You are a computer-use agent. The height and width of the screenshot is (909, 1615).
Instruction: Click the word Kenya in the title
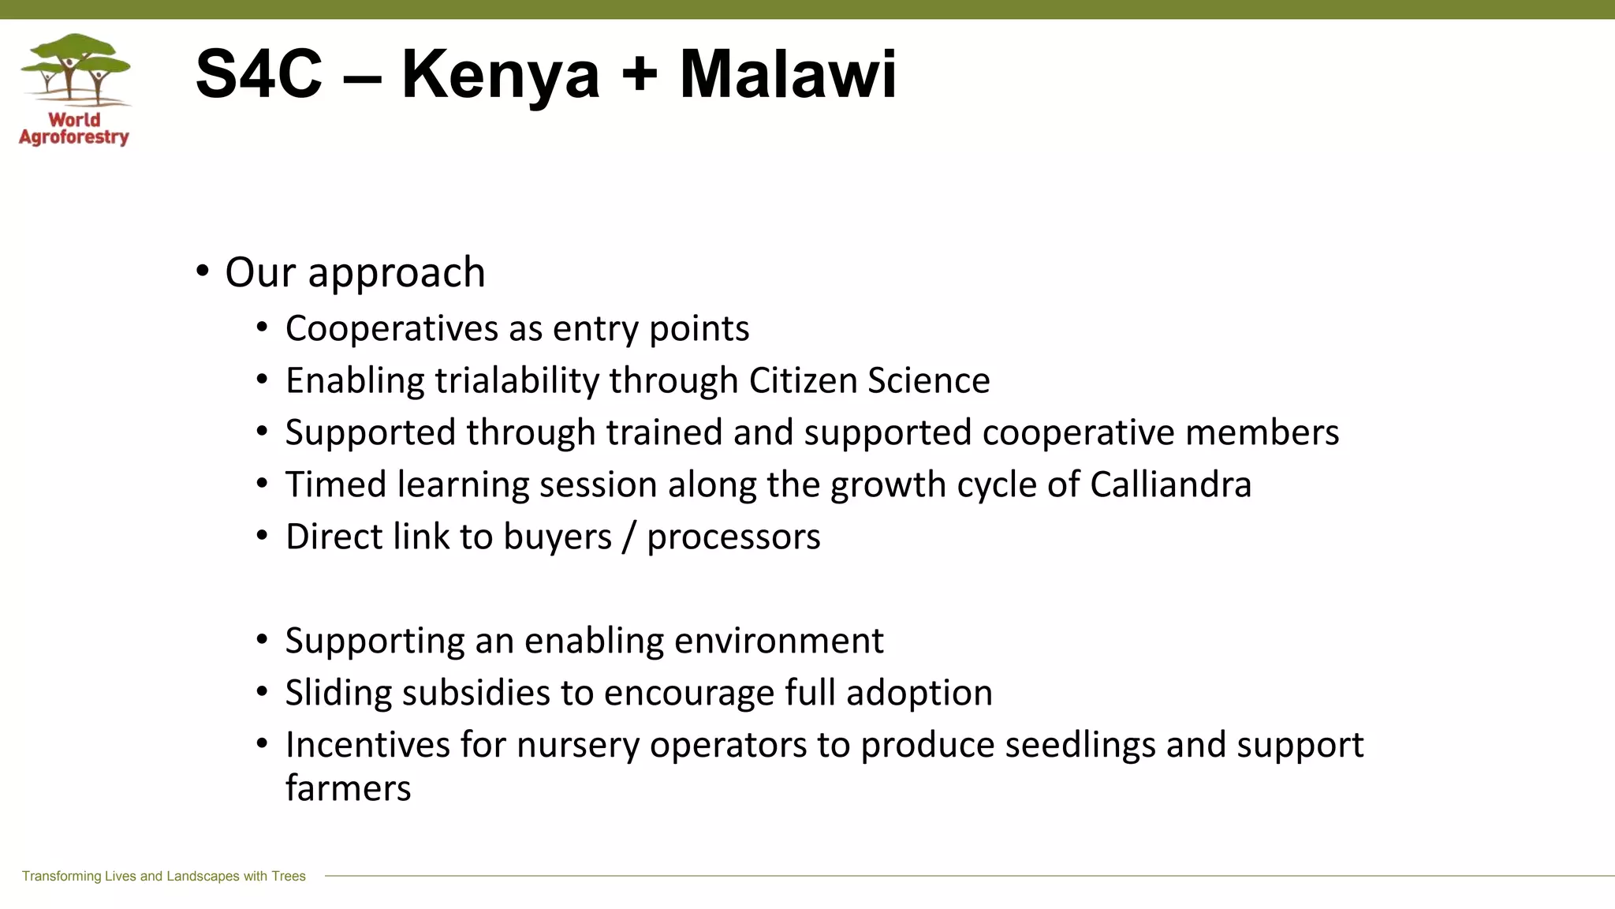point(501,75)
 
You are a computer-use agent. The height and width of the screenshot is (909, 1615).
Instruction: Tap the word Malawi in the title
point(788,75)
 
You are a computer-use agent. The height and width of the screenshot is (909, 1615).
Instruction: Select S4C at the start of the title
point(259,75)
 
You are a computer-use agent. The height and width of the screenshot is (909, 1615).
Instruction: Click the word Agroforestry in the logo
point(74,137)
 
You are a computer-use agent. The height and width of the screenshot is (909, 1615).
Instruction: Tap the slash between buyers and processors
point(628,537)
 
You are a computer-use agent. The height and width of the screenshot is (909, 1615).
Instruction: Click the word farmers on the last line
point(348,788)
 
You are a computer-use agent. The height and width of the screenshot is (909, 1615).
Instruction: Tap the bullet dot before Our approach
point(203,271)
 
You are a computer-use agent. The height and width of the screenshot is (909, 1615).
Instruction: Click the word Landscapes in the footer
point(202,876)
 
